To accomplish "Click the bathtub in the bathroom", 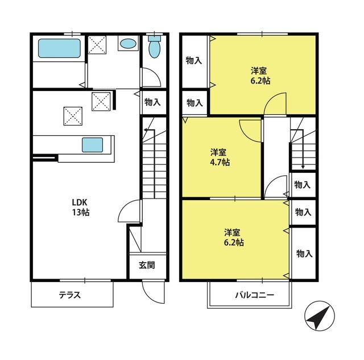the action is tap(59, 48).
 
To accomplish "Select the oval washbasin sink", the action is tap(128, 44).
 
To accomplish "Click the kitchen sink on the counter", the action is tap(92, 145).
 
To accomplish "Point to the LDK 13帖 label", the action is tap(80, 208).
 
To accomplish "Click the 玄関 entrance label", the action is tap(147, 265).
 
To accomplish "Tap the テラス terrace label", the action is tap(69, 295).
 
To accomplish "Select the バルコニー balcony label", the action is tap(255, 295).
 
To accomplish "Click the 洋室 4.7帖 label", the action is tap(220, 158).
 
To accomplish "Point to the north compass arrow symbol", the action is tap(320, 316).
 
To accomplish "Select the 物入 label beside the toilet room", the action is tap(152, 102).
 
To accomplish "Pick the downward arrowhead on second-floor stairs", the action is tap(303, 167).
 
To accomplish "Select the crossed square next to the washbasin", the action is tap(97, 45).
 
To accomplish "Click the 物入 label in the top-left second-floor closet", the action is tap(194, 61).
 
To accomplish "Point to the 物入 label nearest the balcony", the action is tap(304, 254).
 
